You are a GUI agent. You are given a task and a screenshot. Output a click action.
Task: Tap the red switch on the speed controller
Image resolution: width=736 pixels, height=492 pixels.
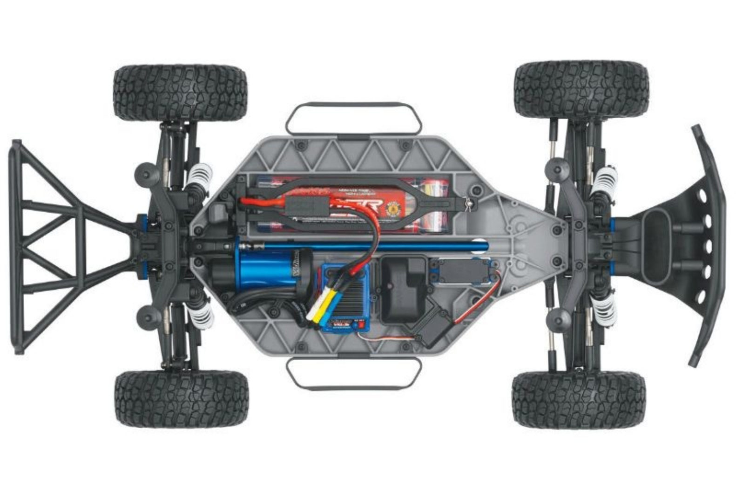pyautogui.click(x=359, y=327)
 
